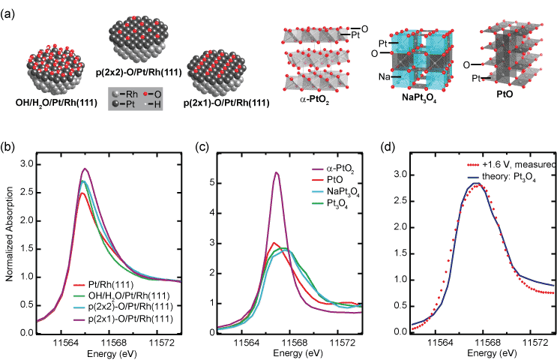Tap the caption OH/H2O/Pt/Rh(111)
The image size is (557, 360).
(51, 102)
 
